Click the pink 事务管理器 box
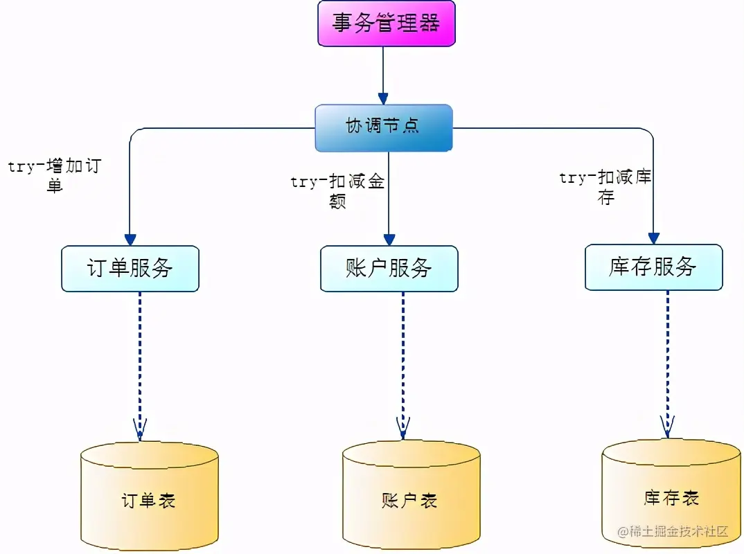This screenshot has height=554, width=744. [x=386, y=24]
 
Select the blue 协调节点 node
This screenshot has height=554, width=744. [x=383, y=127]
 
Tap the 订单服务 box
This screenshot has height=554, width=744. [x=130, y=268]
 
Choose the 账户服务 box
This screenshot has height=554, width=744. [x=389, y=268]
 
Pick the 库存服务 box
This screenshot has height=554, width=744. [x=653, y=267]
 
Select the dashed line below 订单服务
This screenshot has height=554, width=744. [x=140, y=360]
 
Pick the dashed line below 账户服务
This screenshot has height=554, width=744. [x=402, y=360]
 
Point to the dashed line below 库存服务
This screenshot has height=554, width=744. [x=668, y=360]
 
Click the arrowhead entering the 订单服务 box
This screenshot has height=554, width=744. [x=130, y=238]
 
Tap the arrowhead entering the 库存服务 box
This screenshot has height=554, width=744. [x=653, y=238]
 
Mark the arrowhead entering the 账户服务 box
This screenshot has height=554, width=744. [x=389, y=239]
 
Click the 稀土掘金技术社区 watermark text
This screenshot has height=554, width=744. [x=673, y=532]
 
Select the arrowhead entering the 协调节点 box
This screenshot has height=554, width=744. [x=383, y=98]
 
